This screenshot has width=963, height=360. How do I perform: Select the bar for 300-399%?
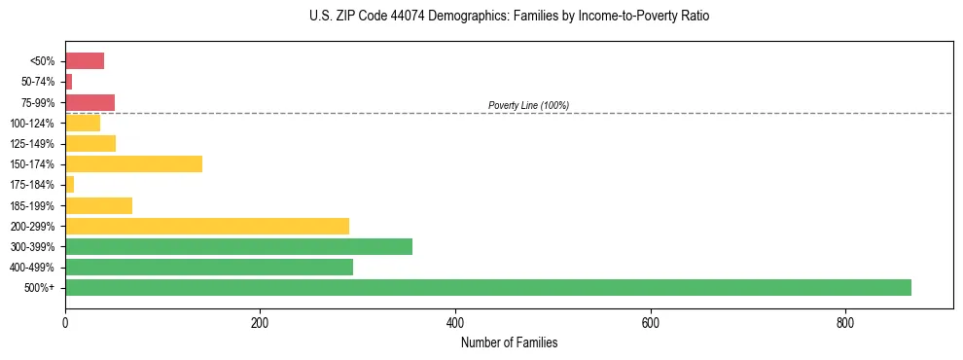[x=238, y=246]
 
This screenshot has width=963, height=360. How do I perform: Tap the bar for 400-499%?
[x=209, y=268]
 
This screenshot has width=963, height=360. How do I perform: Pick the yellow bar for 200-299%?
[x=207, y=226]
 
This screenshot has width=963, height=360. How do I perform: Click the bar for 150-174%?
[x=133, y=164]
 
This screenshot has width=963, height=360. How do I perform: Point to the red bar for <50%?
[x=85, y=61]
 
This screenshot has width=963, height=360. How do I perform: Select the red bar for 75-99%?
[x=89, y=102]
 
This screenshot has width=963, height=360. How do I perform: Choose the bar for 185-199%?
[x=98, y=205]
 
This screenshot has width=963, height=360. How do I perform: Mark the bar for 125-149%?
[x=90, y=144]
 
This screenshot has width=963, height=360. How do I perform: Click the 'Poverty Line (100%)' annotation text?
[x=528, y=105]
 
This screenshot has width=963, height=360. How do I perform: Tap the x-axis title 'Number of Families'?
[x=509, y=342]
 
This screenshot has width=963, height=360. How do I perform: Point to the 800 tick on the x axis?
[x=845, y=323]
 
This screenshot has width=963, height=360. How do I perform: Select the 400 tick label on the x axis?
[x=455, y=323]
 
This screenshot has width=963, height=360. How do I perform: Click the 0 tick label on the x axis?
[x=65, y=323]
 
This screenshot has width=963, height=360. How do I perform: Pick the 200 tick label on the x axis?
[x=260, y=323]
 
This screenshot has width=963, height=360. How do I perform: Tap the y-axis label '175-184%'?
[x=35, y=185]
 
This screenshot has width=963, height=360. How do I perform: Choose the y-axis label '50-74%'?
[x=39, y=82]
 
